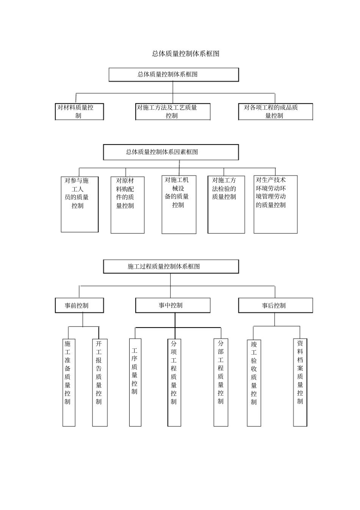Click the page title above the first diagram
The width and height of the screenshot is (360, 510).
tap(186, 54)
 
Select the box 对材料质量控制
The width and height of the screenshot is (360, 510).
tap(79, 112)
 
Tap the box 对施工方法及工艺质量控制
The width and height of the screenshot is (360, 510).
tap(173, 112)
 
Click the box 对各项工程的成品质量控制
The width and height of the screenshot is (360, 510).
tap(275, 112)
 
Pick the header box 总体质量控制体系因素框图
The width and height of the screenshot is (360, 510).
tap(171, 152)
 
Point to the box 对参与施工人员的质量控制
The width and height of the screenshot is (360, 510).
tap(80, 204)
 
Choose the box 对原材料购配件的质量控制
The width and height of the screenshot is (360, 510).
tap(127, 205)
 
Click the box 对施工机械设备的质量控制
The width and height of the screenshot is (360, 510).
tap(179, 204)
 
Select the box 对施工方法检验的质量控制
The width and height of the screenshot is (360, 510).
tap(226, 204)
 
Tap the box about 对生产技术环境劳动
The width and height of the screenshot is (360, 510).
tap(275, 204)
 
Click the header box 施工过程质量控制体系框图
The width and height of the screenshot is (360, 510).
tap(171, 267)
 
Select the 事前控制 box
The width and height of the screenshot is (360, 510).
tap(79, 306)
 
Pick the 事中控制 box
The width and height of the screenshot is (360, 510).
tap(173, 305)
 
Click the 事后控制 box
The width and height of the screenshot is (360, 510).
tap(275, 306)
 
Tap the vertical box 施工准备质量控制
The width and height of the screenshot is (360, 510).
tap(69, 382)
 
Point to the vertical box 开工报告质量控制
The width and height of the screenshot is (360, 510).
tap(100, 382)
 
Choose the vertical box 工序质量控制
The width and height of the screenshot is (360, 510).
tap(135, 382)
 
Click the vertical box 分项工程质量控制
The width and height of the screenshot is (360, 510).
tap(174, 382)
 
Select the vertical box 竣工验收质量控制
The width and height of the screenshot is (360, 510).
tap(254, 382)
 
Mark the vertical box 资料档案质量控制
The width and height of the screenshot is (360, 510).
tap(300, 382)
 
